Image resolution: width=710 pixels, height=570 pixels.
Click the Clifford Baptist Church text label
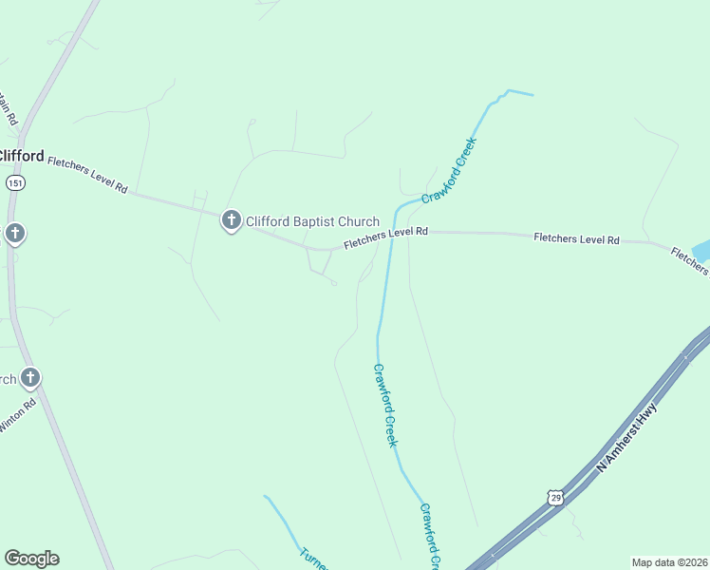pos(312,222)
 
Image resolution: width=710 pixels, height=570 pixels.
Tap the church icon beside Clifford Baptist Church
pos(231,221)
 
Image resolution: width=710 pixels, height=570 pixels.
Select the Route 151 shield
pos(14,182)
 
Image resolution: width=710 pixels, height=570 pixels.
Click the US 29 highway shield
pos(555,497)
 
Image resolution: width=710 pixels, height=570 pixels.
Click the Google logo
pos(31,559)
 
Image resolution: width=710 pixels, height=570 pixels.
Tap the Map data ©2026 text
pos(670,562)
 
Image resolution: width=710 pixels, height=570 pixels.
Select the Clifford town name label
pos(21,155)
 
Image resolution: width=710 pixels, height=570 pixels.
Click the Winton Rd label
pos(16,415)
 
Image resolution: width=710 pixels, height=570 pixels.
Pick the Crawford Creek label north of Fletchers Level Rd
pos(449,170)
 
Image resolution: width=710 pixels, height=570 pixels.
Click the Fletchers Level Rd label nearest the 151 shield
pos(87,174)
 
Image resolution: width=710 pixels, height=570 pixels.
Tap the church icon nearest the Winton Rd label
pos(29,379)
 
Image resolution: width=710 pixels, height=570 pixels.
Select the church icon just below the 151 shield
pos(14,234)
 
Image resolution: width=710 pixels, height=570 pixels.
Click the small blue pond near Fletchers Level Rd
pos(701,252)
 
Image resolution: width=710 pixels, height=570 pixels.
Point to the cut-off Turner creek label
pos(314,558)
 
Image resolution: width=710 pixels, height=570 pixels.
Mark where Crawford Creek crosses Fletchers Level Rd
pos(392,234)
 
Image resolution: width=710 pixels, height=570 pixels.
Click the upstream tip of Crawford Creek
pos(532,95)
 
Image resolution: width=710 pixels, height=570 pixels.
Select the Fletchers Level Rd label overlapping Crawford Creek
pos(386,237)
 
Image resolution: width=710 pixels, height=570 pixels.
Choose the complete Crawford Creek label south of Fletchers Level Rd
pos(385,405)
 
